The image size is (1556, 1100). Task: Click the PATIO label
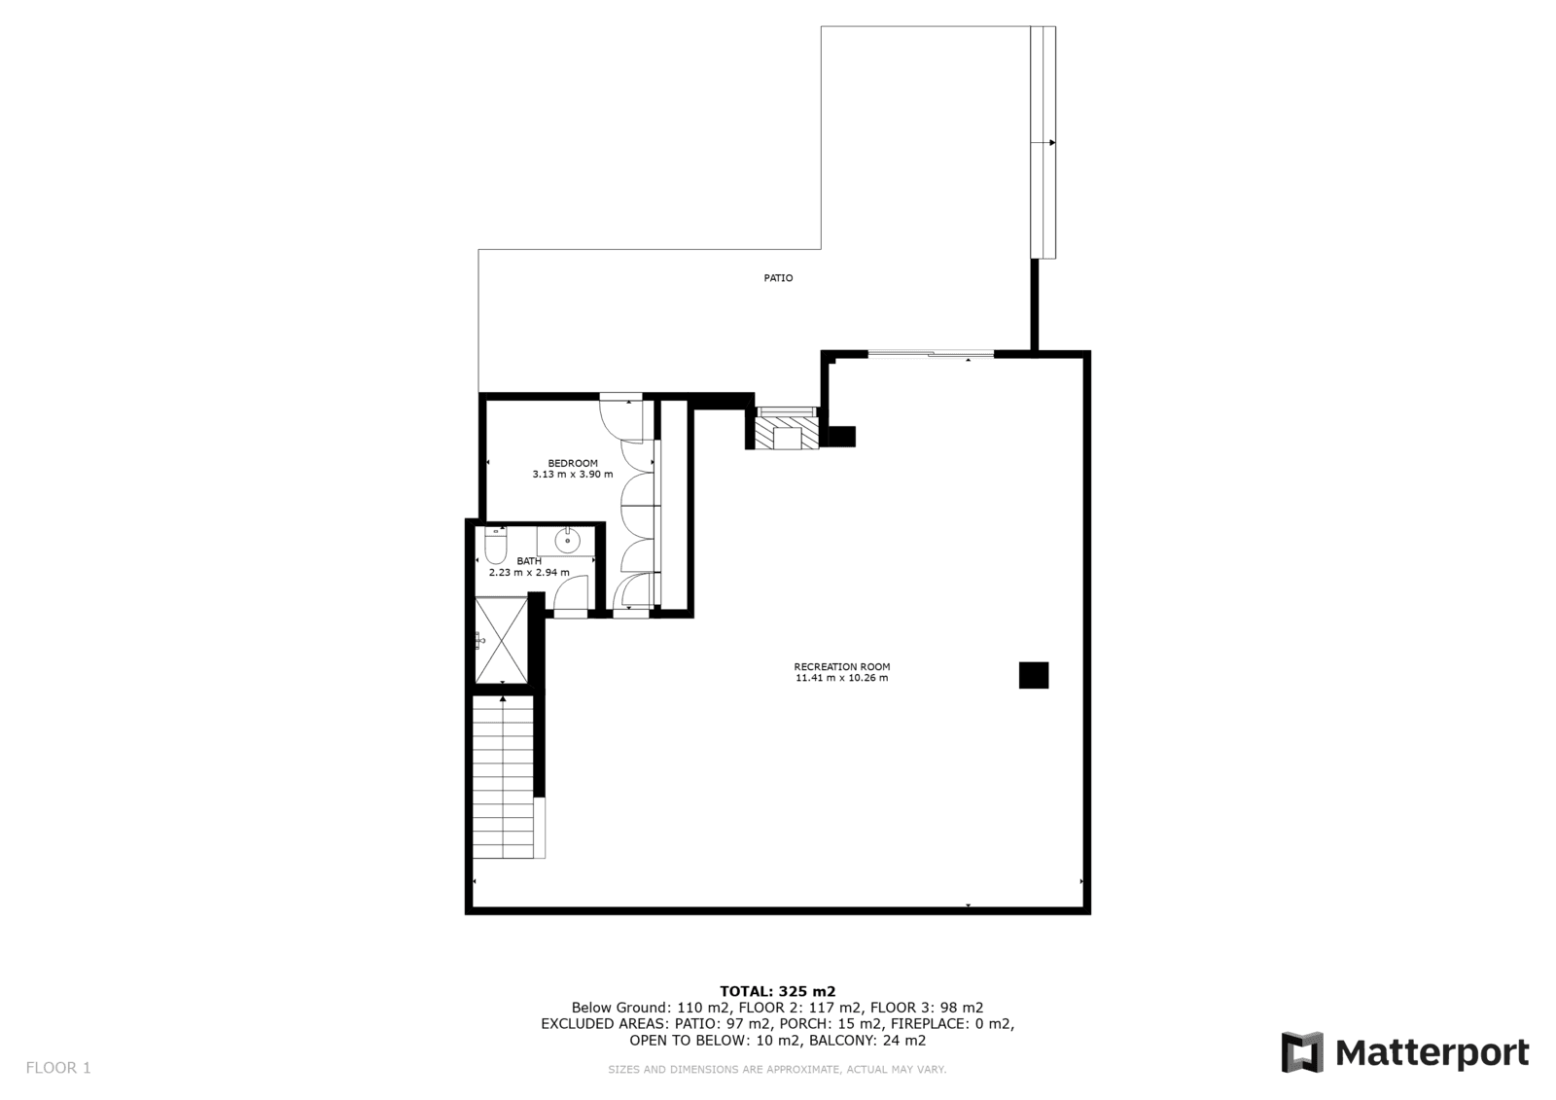(778, 278)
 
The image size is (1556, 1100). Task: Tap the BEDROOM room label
(573, 464)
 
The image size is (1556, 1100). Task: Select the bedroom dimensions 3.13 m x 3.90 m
(573, 475)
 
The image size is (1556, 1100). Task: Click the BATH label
(529, 561)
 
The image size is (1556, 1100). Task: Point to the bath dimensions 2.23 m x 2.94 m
(529, 573)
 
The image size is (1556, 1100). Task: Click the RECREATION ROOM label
(842, 666)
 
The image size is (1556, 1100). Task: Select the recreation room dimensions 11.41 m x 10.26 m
(842, 678)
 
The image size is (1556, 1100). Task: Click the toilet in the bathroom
(495, 546)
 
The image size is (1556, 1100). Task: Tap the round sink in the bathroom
(568, 541)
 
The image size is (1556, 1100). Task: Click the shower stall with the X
(501, 640)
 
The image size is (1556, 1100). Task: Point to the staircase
(503, 777)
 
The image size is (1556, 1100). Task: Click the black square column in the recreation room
(1034, 675)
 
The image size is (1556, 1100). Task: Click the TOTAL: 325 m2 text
(777, 992)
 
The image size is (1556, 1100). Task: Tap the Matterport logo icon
(1302, 1052)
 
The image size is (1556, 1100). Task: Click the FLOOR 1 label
(58, 1068)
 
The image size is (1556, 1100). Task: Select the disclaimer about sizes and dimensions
(777, 1070)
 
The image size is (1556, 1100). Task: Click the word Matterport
(1432, 1052)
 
